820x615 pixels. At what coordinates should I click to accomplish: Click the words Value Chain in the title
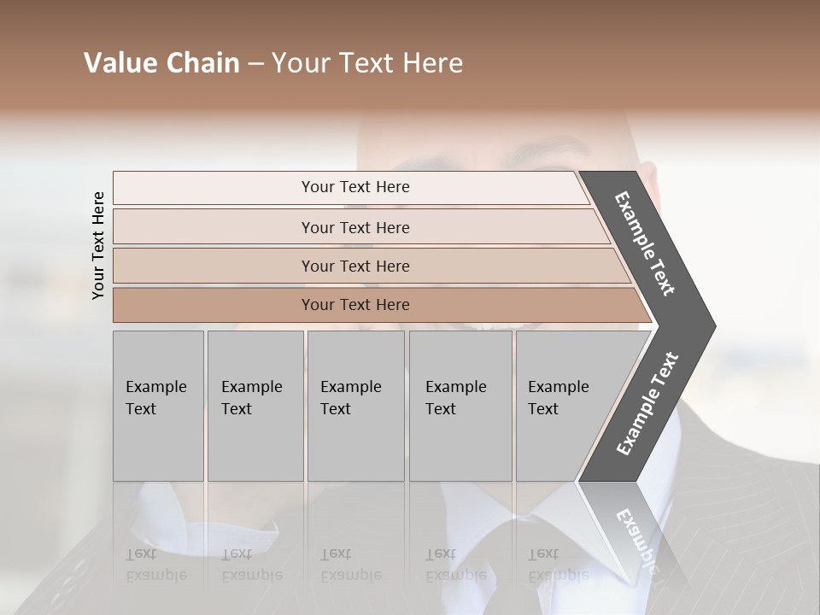(x=161, y=63)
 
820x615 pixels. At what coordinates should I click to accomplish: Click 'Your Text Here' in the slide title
(x=367, y=63)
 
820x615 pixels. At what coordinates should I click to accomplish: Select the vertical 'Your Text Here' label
(x=98, y=245)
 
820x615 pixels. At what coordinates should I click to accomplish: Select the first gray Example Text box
(x=158, y=406)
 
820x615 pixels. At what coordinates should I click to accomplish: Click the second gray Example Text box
(x=255, y=406)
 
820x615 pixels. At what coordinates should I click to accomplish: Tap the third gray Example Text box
(x=355, y=406)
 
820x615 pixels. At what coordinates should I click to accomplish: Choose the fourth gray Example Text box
(x=460, y=406)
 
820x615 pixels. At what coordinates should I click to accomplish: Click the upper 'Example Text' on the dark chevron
(x=645, y=243)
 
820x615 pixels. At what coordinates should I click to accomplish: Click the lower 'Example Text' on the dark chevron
(x=647, y=403)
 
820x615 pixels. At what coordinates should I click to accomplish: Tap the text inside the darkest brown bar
(x=355, y=305)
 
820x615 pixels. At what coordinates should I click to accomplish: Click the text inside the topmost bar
(x=355, y=187)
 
